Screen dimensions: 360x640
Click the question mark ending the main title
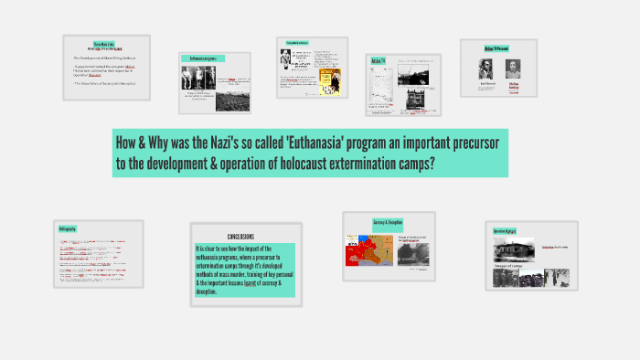[431, 164]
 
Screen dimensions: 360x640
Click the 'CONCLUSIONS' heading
[246, 236]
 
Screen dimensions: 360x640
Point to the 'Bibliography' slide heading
[68, 228]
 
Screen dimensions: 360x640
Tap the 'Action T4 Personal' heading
[497, 49]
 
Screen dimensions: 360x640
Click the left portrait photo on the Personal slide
[486, 70]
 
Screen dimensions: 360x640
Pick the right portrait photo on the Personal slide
[513, 70]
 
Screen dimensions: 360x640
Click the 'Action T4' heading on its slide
[377, 61]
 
